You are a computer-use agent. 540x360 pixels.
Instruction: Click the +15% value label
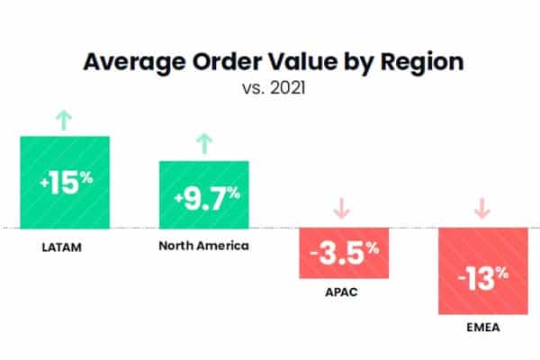point(66,181)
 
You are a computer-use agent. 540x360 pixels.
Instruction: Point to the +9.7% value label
point(203,194)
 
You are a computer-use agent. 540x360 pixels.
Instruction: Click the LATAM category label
point(63,246)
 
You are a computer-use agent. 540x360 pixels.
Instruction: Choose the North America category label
point(202,245)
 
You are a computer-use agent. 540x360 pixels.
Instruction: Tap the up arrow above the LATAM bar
point(63,117)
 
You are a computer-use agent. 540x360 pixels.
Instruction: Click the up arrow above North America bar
point(203,141)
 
